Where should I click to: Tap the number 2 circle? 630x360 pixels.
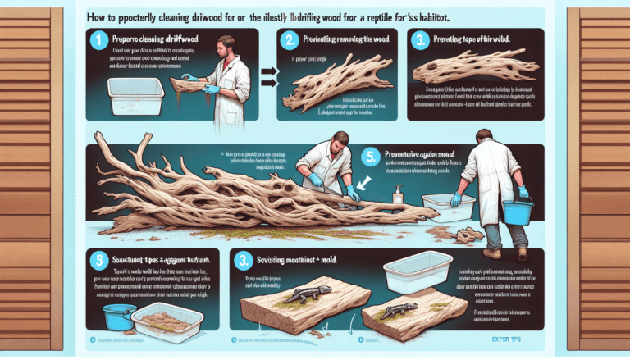pos(290,38)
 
